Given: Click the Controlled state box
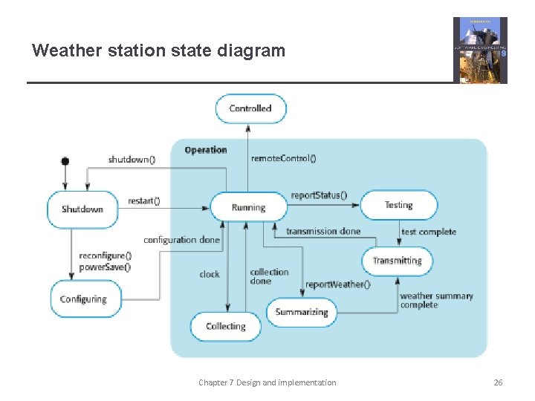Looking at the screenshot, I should click(250, 108).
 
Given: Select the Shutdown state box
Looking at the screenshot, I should click(82, 209).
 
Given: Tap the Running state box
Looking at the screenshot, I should click(248, 207).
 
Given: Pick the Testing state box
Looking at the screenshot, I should click(398, 205).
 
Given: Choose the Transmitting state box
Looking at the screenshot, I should click(397, 261).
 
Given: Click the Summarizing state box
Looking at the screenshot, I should click(302, 312).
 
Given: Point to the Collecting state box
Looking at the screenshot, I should click(225, 326).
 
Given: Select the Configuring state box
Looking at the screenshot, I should click(83, 299).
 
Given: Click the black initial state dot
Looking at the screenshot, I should click(65, 161).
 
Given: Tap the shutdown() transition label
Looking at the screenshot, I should click(132, 160).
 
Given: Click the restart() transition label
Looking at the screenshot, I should click(144, 200).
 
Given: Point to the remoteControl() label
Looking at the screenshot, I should click(284, 158).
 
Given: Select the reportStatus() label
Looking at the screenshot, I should click(320, 195).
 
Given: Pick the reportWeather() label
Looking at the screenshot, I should click(337, 284).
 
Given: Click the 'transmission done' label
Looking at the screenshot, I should click(323, 231).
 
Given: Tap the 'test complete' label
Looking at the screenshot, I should click(429, 232).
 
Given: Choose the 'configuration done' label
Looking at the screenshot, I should click(181, 240).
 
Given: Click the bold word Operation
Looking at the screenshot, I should click(206, 150).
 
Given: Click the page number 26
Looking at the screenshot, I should click(498, 382).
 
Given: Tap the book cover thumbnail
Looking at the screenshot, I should click(480, 50).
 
